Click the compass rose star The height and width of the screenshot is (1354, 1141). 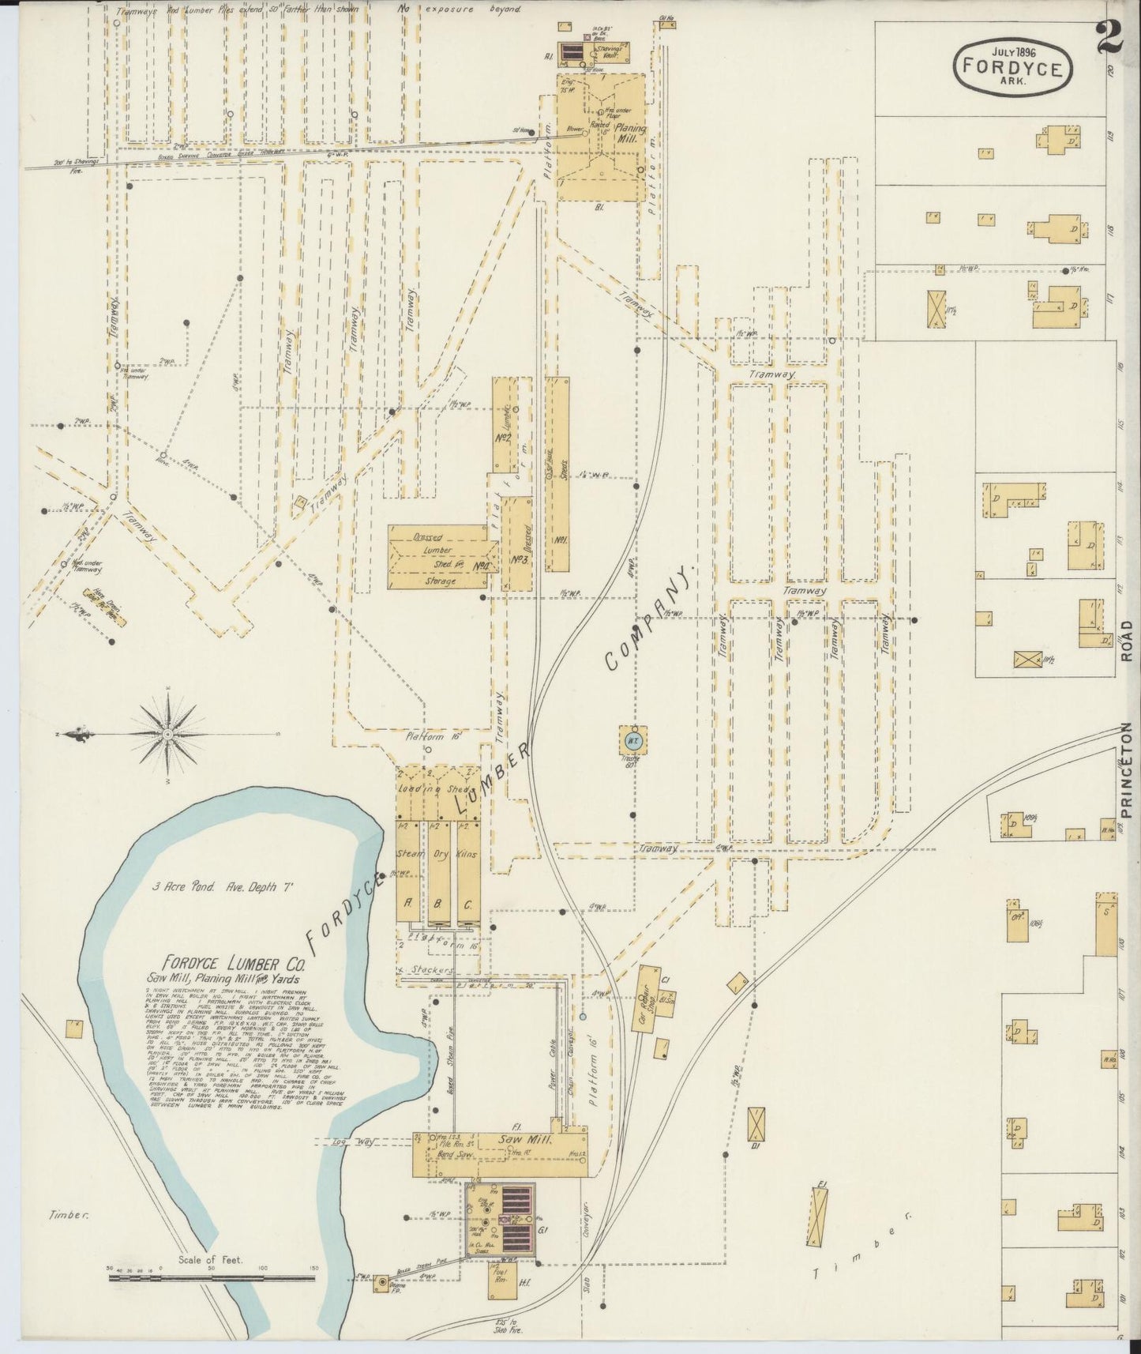click(x=168, y=735)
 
